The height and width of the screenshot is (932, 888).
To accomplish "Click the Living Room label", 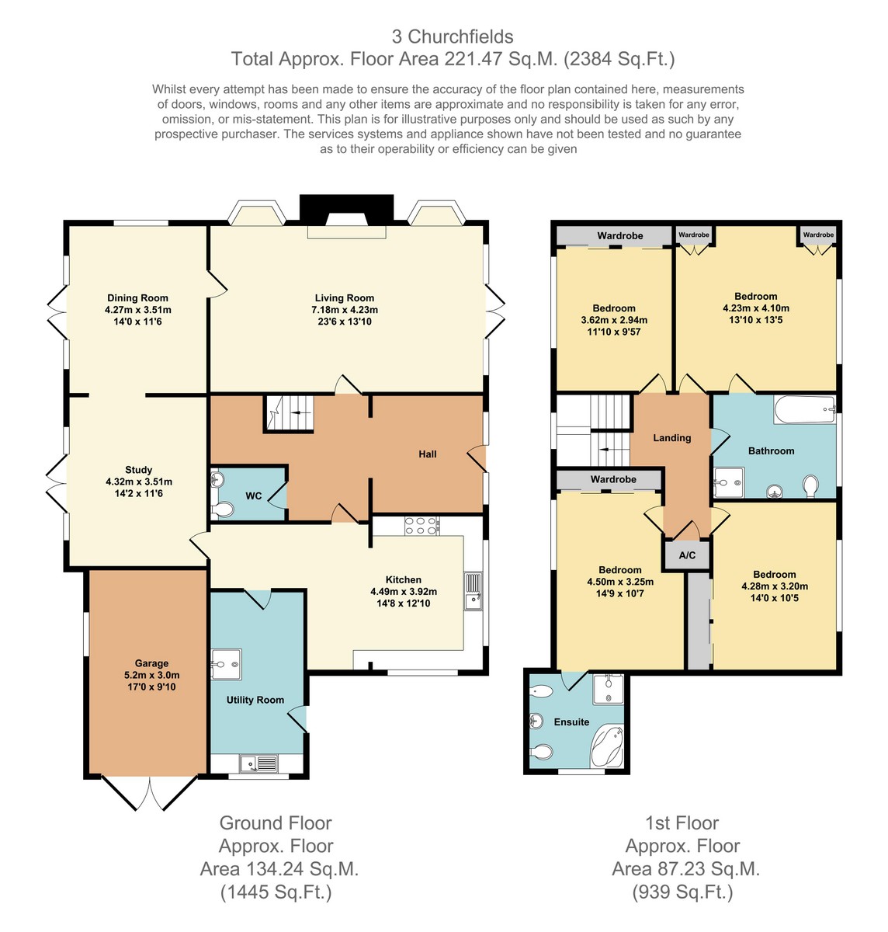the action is (x=345, y=297).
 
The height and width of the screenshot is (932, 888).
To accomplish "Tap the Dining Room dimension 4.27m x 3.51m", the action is (x=138, y=310).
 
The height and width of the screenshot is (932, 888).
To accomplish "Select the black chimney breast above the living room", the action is (x=346, y=209).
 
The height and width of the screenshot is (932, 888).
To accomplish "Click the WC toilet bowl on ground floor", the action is (x=223, y=510).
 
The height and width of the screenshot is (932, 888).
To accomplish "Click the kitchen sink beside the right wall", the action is (x=473, y=591).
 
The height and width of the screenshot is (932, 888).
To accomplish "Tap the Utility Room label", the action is (x=255, y=700).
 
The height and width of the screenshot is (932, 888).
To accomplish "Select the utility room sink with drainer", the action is (x=258, y=763).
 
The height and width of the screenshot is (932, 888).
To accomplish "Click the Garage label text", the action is (x=151, y=663).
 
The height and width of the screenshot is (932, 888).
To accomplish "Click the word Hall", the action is (x=428, y=454).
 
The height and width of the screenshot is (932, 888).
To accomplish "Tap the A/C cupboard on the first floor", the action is (x=687, y=555).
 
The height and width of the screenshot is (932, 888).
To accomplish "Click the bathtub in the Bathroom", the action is (x=805, y=409).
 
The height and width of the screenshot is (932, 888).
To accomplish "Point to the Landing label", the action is (x=672, y=437).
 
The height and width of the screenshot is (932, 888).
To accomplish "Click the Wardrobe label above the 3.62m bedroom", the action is (x=619, y=235).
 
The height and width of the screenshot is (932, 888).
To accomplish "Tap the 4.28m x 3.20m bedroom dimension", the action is (x=775, y=586).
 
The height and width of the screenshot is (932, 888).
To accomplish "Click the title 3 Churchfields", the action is (x=453, y=37).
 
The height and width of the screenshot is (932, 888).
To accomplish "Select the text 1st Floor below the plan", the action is (x=682, y=823).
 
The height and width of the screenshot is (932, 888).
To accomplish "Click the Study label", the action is (x=138, y=470).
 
